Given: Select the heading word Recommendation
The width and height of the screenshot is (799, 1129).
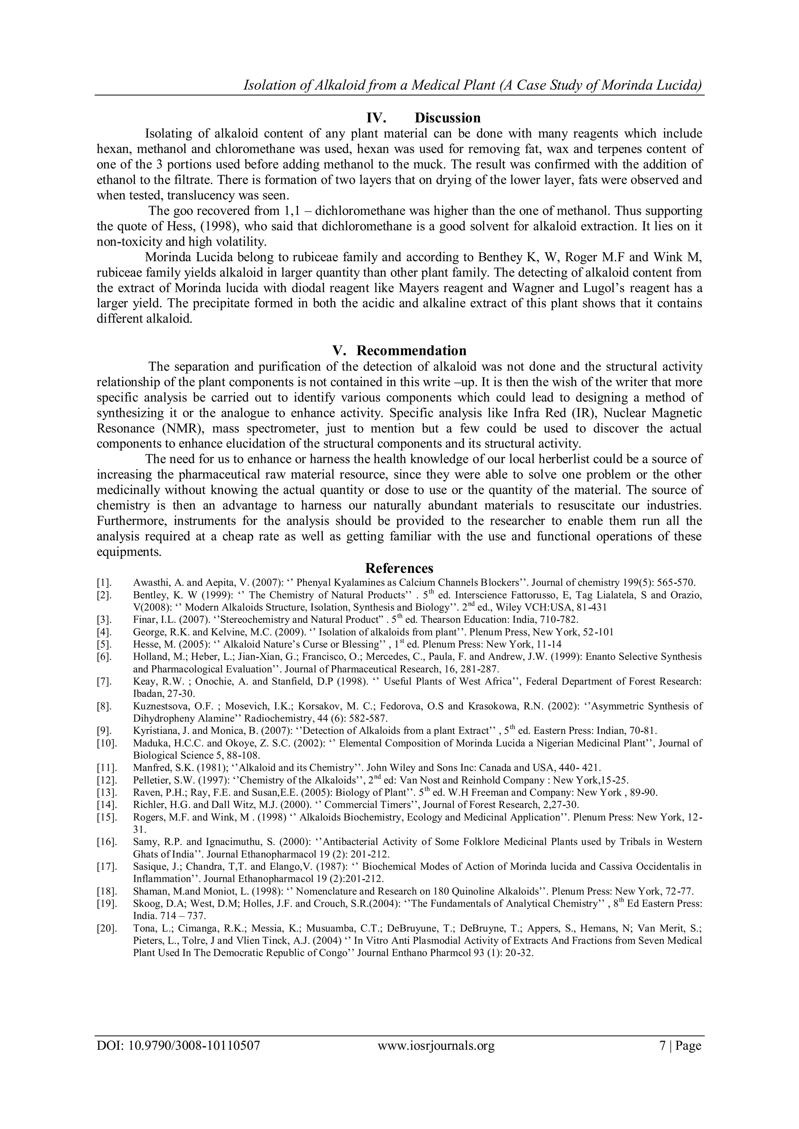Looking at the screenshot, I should click(411, 351).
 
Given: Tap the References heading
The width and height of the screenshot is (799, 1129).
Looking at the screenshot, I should click(399, 569).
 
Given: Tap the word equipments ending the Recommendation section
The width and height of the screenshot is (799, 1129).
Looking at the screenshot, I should click(129, 552).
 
